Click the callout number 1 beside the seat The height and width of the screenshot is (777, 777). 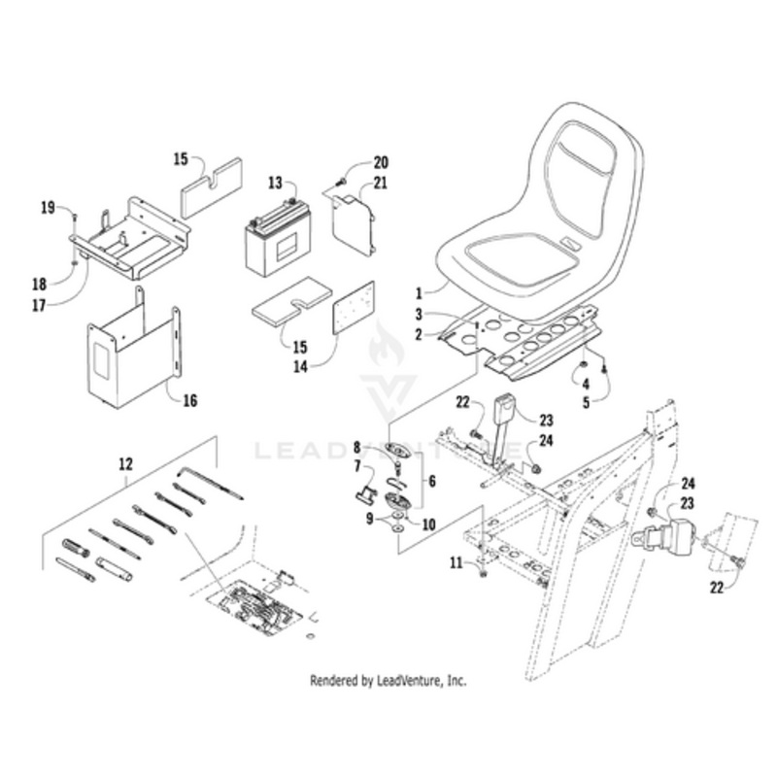pos(421,290)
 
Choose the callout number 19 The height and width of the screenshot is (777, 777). pos(46,207)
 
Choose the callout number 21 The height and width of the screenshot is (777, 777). pos(380,183)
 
